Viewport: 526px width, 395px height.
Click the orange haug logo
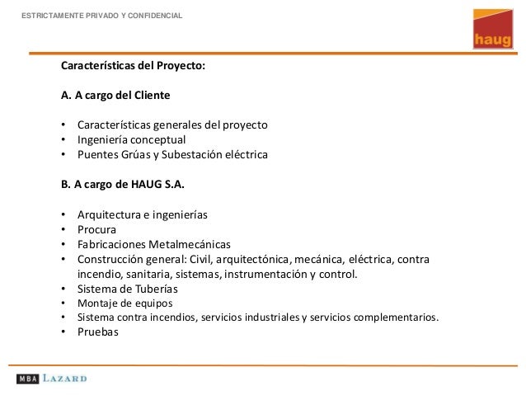coord(490,29)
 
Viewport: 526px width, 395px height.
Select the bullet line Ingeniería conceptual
coord(132,139)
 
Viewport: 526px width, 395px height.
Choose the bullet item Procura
coord(96,229)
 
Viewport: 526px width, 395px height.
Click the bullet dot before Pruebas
coord(63,332)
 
